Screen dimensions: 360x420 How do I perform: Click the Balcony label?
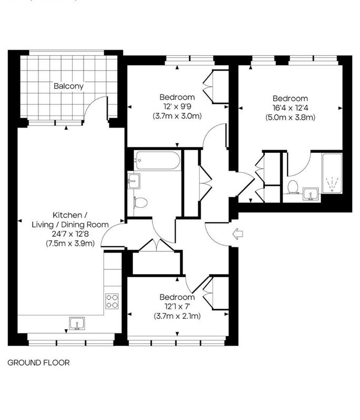pos(69,86)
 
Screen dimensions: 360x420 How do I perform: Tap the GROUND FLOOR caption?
pos(38,363)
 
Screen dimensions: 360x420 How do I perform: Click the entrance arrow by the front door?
pos(238,234)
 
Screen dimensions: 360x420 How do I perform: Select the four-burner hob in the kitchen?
pos(112,301)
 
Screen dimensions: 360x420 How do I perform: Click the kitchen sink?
pos(77,323)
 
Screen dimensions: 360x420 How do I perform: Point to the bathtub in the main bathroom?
pos(157,161)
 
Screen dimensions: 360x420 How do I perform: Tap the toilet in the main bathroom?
pos(140,202)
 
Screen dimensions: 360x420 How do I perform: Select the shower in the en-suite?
pos(332,173)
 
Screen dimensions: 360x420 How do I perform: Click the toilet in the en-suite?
pos(292,187)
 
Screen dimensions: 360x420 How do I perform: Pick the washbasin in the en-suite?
pos(311,194)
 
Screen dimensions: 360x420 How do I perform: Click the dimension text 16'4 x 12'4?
pos(290,108)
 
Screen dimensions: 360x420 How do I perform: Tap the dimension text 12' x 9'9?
pos(177,107)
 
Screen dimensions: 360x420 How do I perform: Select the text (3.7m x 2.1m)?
pos(177,316)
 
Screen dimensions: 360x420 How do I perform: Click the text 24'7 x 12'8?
pos(70,234)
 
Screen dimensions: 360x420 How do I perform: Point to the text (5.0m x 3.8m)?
pos(290,117)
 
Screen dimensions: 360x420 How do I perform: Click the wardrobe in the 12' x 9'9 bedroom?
pos(216,87)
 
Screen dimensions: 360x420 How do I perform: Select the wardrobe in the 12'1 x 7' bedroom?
pos(216,293)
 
